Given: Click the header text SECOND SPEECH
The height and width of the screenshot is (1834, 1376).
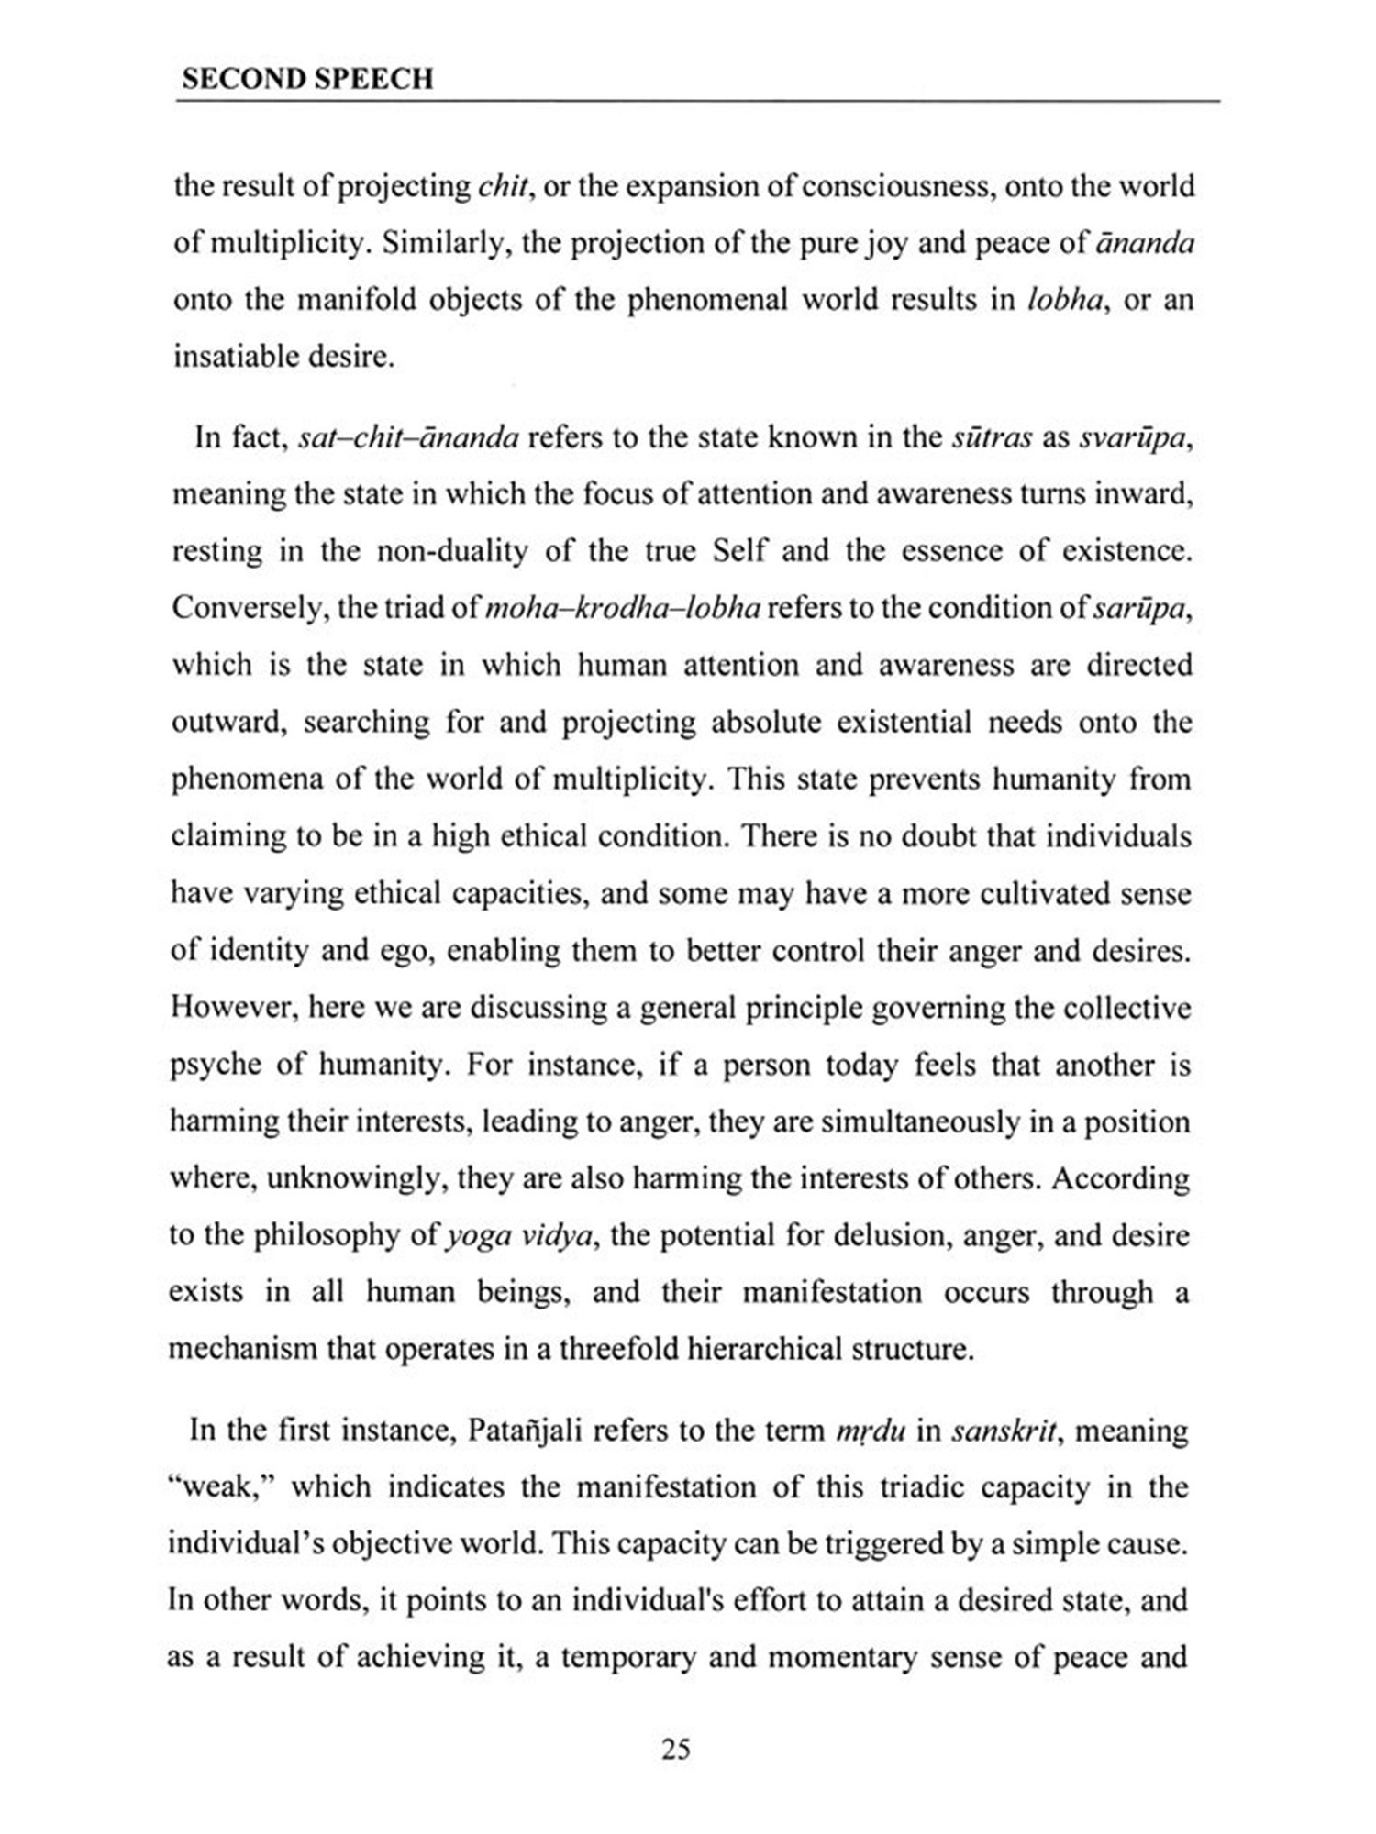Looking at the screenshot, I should [307, 79].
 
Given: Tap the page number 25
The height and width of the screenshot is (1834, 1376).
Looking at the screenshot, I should [676, 1749].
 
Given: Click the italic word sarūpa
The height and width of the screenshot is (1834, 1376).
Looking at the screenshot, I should [1143, 608].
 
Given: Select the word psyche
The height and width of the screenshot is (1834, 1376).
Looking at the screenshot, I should [216, 1065].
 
